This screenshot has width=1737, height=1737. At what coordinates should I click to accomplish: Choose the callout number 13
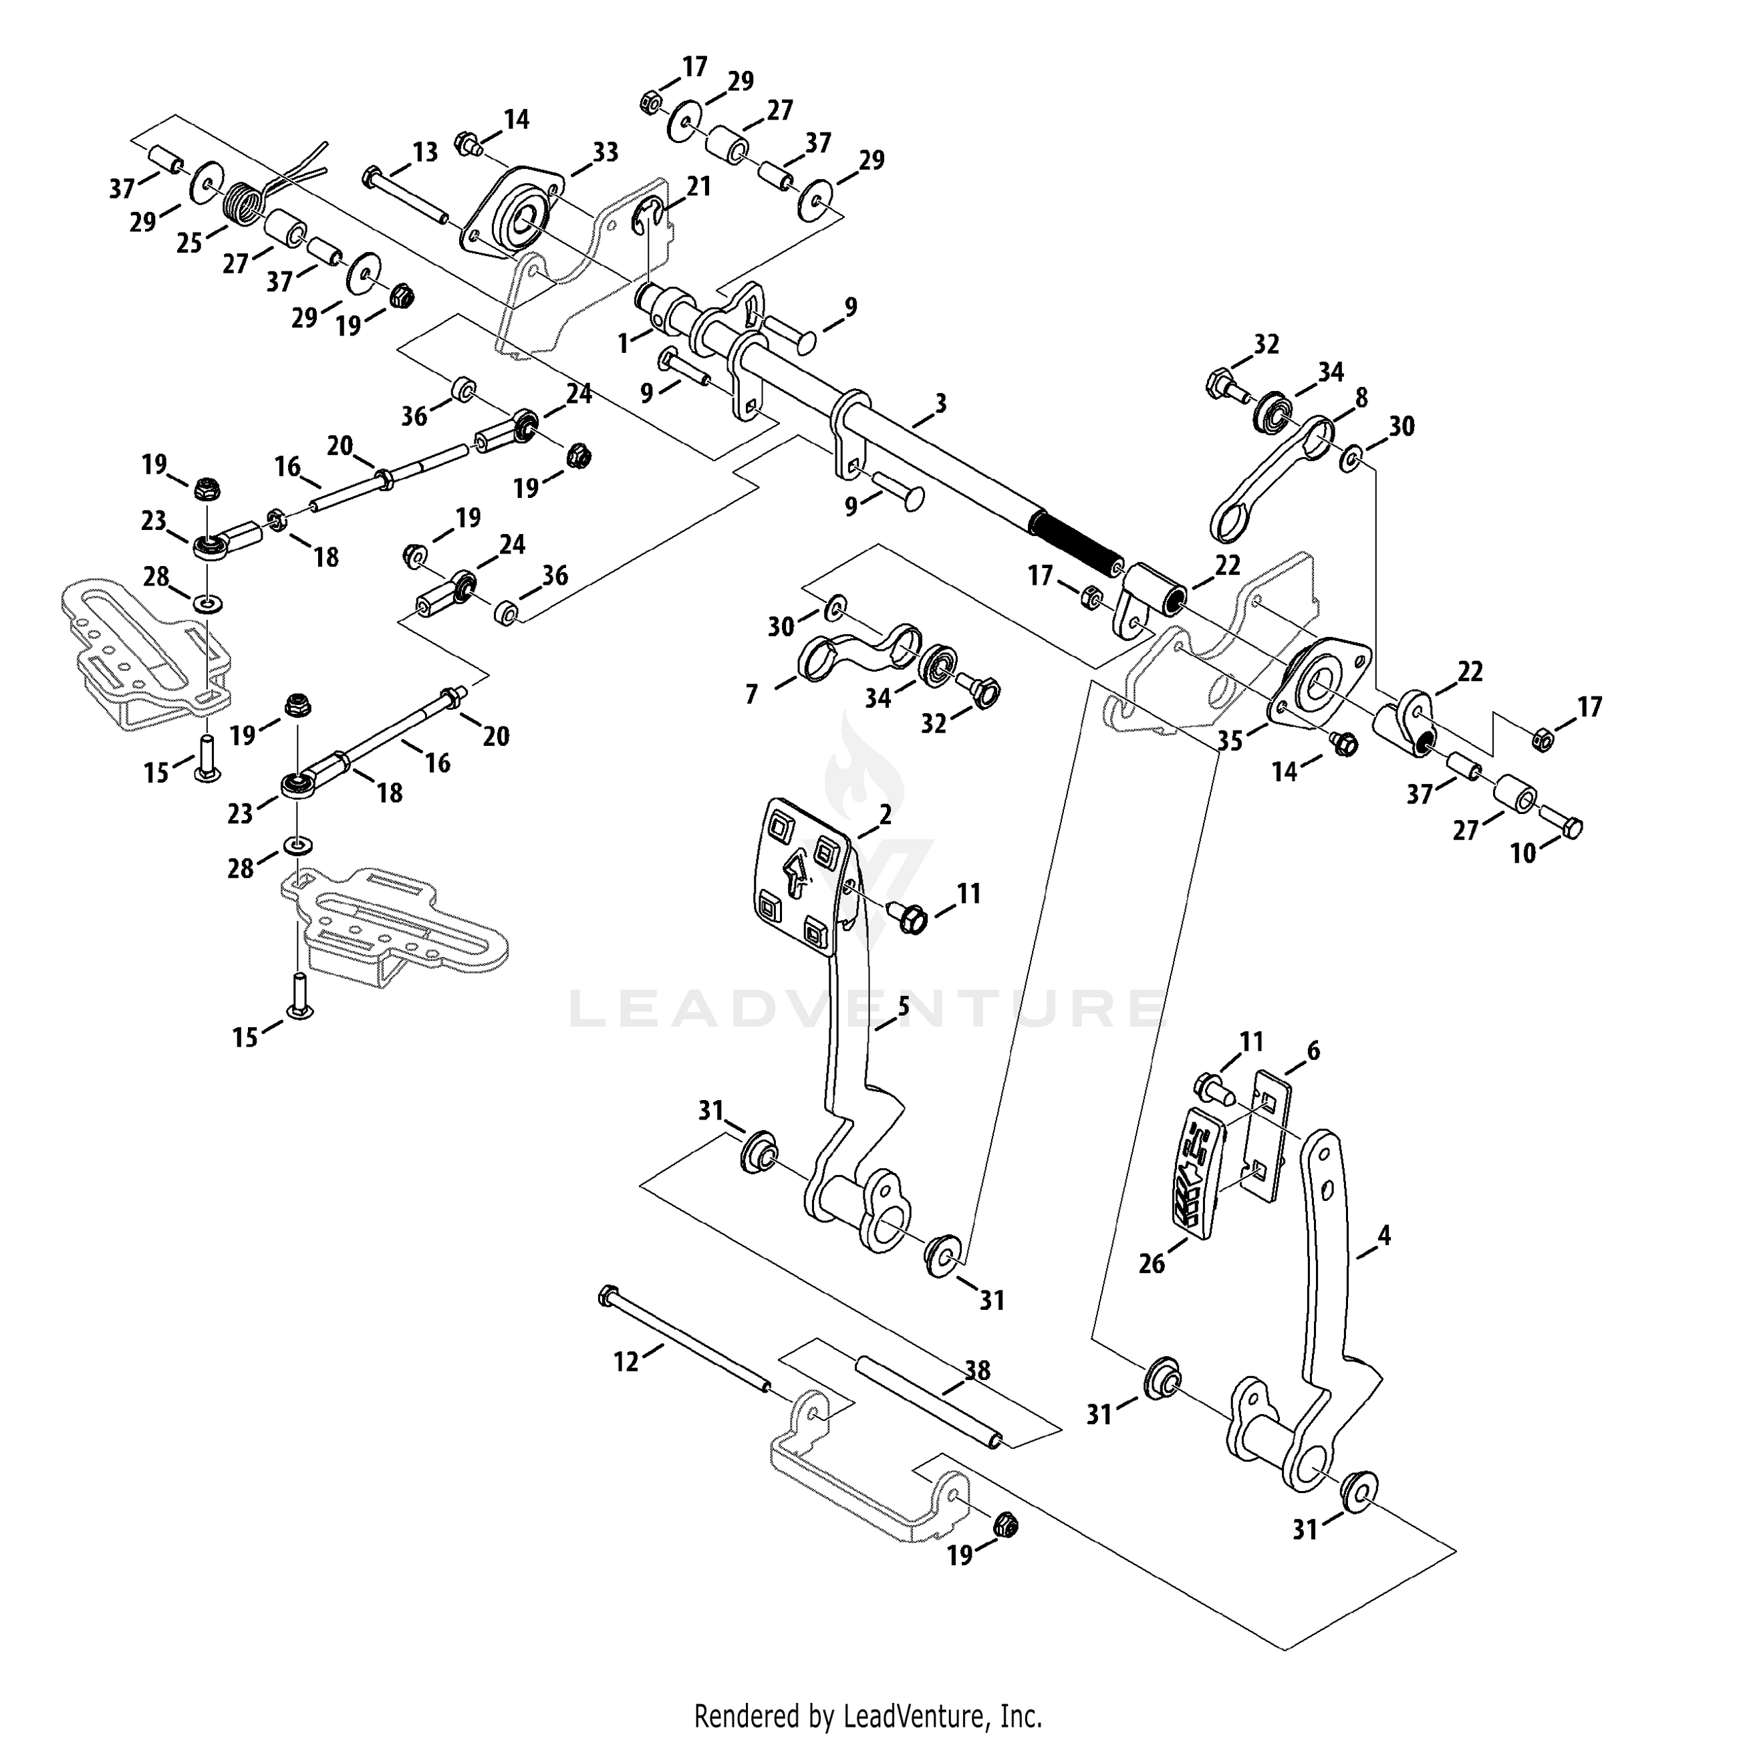click(424, 152)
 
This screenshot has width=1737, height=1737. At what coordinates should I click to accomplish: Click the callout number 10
click(1523, 853)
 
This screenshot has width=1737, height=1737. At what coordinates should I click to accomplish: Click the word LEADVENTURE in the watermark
click(867, 1008)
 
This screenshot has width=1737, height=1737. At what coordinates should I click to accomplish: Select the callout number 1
click(623, 344)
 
